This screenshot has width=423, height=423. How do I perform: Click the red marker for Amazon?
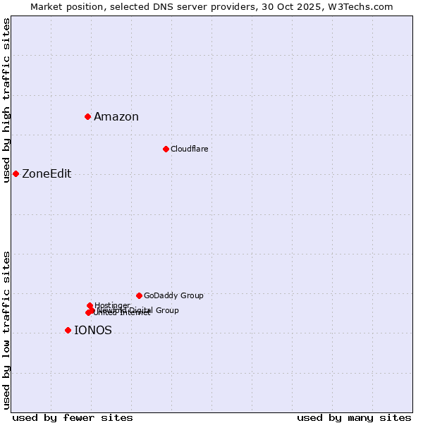87,116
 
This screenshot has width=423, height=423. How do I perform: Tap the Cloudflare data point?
166,149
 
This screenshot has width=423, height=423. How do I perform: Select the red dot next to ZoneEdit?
16,173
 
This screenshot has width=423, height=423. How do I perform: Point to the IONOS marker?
68,330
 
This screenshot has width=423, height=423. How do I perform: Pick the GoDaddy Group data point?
139,295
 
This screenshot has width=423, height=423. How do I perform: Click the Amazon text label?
116,117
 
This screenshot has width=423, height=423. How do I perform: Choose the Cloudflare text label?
189,149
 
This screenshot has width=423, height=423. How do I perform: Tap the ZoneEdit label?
47,174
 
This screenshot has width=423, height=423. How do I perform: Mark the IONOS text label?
92,331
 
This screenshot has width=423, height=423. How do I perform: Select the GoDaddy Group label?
173,295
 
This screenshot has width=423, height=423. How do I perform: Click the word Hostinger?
112,305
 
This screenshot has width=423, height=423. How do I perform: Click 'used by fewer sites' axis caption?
73,417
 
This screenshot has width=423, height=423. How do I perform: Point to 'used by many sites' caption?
354,417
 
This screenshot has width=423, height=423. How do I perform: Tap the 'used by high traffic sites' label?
7,100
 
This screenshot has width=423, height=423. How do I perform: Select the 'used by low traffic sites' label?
7,330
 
